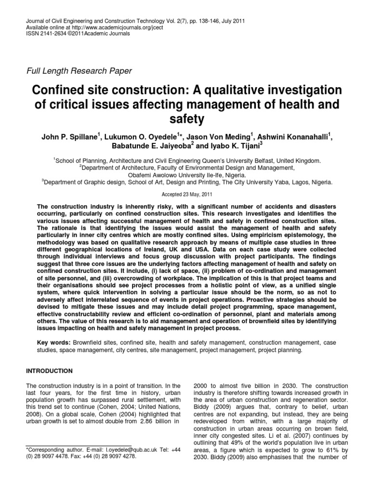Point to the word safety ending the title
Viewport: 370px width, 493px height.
(185, 117)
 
